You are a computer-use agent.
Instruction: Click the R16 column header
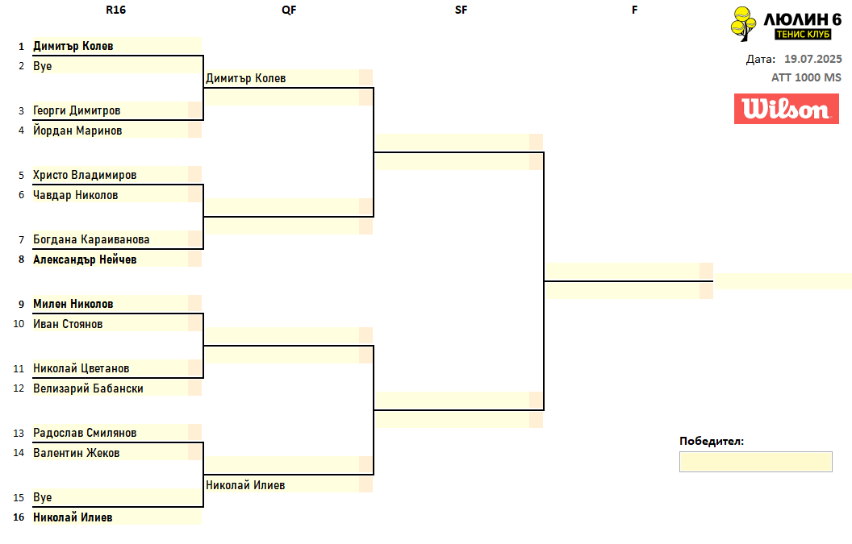(115, 10)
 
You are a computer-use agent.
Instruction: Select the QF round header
(289, 10)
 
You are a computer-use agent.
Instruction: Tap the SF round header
(461, 10)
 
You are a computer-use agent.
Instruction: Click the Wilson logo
(787, 109)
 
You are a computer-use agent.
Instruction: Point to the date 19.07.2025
(813, 59)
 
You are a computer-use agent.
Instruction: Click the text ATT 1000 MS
(806, 77)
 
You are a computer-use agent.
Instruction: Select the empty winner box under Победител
(755, 462)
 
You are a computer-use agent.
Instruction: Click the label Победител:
(712, 441)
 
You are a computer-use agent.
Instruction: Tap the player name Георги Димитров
(77, 110)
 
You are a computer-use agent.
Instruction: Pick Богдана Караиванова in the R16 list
(91, 239)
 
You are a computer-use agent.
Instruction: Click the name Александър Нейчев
(85, 260)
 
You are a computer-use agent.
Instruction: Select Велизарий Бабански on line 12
(88, 388)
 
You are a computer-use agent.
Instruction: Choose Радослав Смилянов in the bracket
(85, 433)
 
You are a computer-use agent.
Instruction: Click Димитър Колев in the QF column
(245, 78)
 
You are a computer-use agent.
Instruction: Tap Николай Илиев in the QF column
(245, 485)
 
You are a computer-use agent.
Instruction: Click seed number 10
(19, 324)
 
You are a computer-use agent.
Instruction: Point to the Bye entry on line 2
(43, 66)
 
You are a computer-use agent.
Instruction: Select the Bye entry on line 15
(43, 497)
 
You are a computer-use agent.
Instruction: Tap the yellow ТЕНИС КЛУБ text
(803, 34)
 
